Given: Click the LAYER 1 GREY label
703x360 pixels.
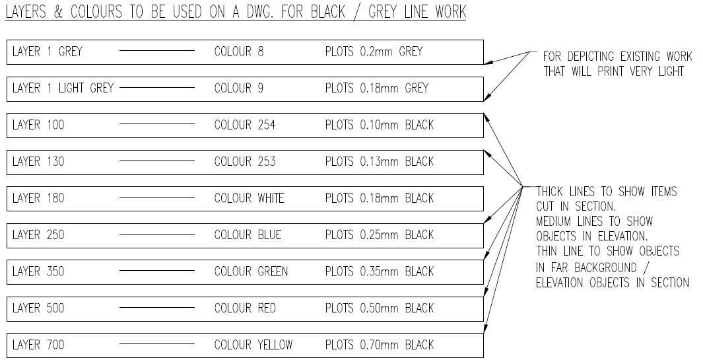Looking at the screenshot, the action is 47,52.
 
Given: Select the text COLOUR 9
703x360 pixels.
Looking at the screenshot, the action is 239,88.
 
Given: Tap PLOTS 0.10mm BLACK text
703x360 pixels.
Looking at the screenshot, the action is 380,125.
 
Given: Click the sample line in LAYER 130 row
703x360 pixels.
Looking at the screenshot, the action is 156,161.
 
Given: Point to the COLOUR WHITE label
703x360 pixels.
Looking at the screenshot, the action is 250,198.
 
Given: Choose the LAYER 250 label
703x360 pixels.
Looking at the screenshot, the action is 39,234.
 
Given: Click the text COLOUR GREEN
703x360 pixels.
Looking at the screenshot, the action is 251,271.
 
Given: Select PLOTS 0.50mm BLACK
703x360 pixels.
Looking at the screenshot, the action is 380,308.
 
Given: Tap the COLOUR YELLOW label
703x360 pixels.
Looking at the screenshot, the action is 253,345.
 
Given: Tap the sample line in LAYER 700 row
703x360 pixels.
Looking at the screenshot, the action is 156,345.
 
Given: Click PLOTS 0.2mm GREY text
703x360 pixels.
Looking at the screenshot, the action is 374,52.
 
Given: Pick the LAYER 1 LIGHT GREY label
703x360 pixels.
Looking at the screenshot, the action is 63,88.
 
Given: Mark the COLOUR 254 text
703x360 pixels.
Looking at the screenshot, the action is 245,125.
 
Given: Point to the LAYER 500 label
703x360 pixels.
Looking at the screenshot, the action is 39,308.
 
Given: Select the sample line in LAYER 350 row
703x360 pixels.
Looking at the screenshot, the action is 156,271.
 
